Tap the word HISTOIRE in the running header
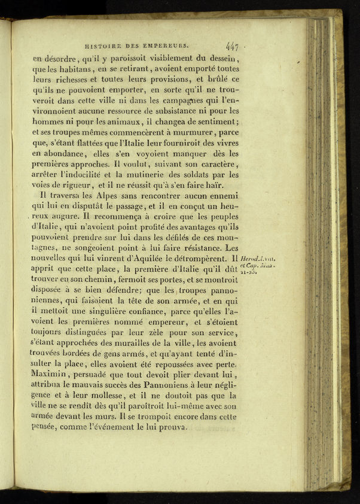[103, 44]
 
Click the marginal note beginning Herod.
[257, 257]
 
